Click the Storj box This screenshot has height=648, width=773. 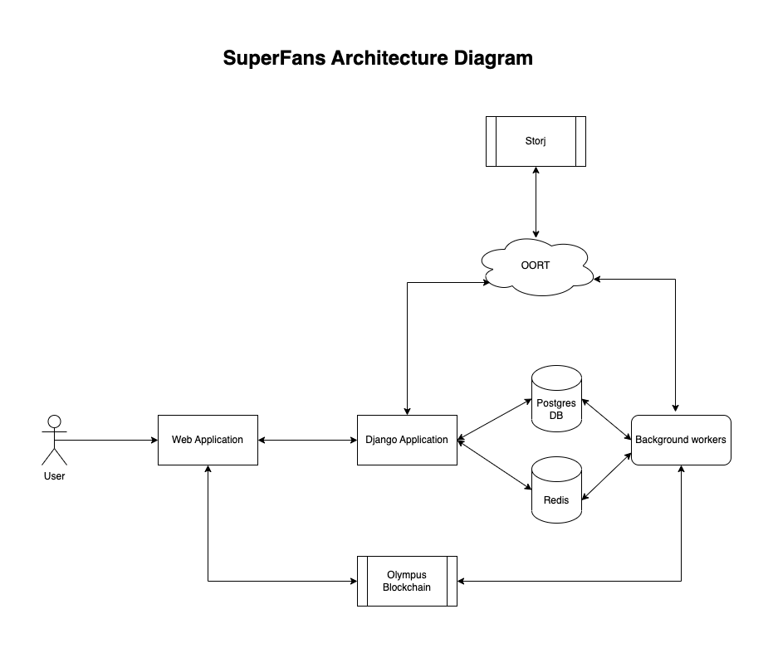tap(536, 141)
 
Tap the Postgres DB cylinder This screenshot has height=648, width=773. tap(556, 402)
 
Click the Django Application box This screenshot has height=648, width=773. tap(407, 440)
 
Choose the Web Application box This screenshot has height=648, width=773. tap(208, 440)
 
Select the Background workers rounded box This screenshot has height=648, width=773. tap(681, 440)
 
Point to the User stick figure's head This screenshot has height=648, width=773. tap(55, 421)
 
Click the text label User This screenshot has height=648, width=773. tap(54, 476)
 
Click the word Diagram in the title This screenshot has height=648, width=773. tap(493, 59)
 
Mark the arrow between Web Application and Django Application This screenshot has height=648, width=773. tap(307, 440)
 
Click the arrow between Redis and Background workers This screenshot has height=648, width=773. tap(606, 475)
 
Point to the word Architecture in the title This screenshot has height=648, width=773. tap(390, 59)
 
